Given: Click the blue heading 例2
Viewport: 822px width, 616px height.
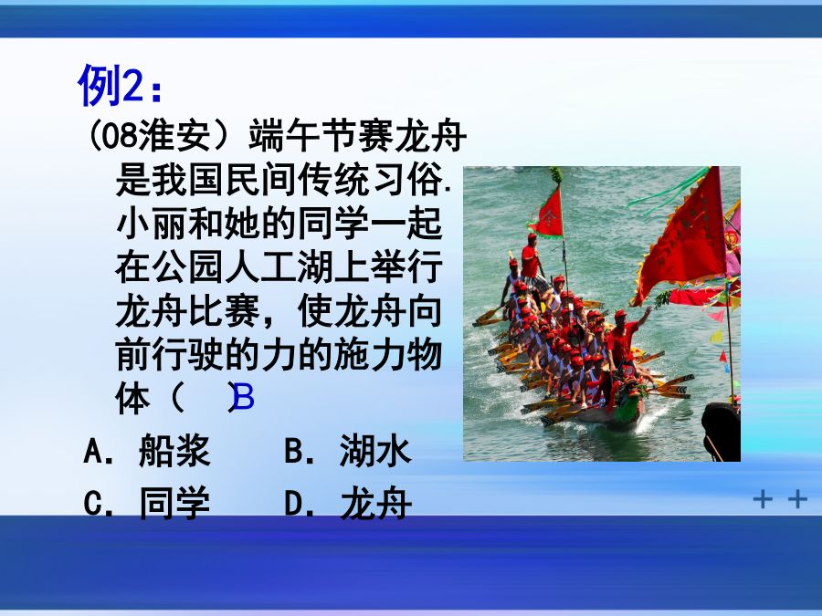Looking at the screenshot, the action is point(120,85).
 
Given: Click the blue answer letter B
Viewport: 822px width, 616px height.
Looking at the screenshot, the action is point(244,397).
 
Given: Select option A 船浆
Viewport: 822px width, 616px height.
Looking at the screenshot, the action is point(147,451).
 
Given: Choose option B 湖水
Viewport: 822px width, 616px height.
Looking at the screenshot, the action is point(348,451).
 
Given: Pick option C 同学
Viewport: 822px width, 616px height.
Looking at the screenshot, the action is point(147,503).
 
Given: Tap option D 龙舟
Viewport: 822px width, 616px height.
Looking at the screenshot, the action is point(348,503).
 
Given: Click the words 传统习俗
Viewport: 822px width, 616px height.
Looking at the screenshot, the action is point(370,179).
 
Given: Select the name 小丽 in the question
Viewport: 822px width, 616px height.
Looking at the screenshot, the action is point(152,224).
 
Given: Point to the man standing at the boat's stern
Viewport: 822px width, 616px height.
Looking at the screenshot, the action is point(531,256).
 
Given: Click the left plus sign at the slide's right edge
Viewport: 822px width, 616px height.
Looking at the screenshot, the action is point(763,498).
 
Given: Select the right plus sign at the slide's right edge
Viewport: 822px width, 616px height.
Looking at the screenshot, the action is point(797,498).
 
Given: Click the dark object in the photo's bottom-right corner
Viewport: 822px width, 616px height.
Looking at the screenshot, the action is point(722,432).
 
